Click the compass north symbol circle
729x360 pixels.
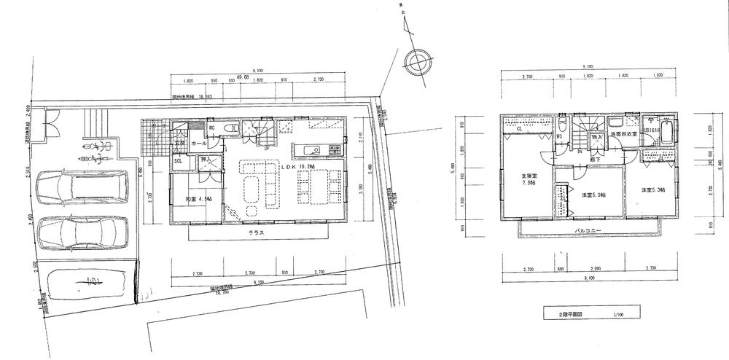(416, 60)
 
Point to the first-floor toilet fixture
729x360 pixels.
(232, 128)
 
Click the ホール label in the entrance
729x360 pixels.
(198, 144)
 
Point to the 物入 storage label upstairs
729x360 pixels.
(596, 136)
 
